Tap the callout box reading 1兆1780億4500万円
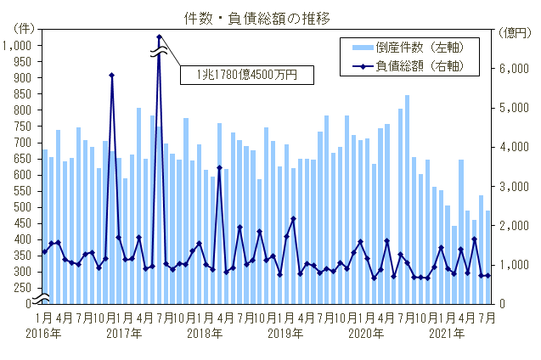pyautogui.click(x=245, y=76)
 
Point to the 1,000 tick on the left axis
pyautogui.click(x=20, y=46)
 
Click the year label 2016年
pyautogui.click(x=42, y=334)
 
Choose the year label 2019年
pyautogui.click(x=285, y=334)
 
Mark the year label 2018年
pyautogui.click(x=204, y=334)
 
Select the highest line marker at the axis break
pyautogui.click(x=159, y=37)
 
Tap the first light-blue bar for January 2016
pyautogui.click(x=44, y=228)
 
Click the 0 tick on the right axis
pyautogui.click(x=507, y=304)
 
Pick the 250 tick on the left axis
pyautogui.click(x=25, y=288)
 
